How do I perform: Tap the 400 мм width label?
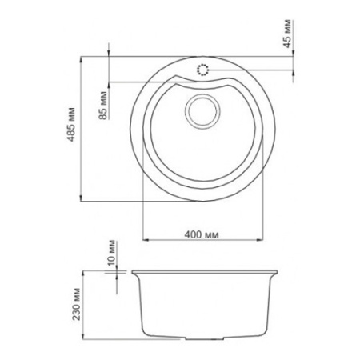click(202, 234)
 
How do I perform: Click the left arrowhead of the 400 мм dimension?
click(146, 239)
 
